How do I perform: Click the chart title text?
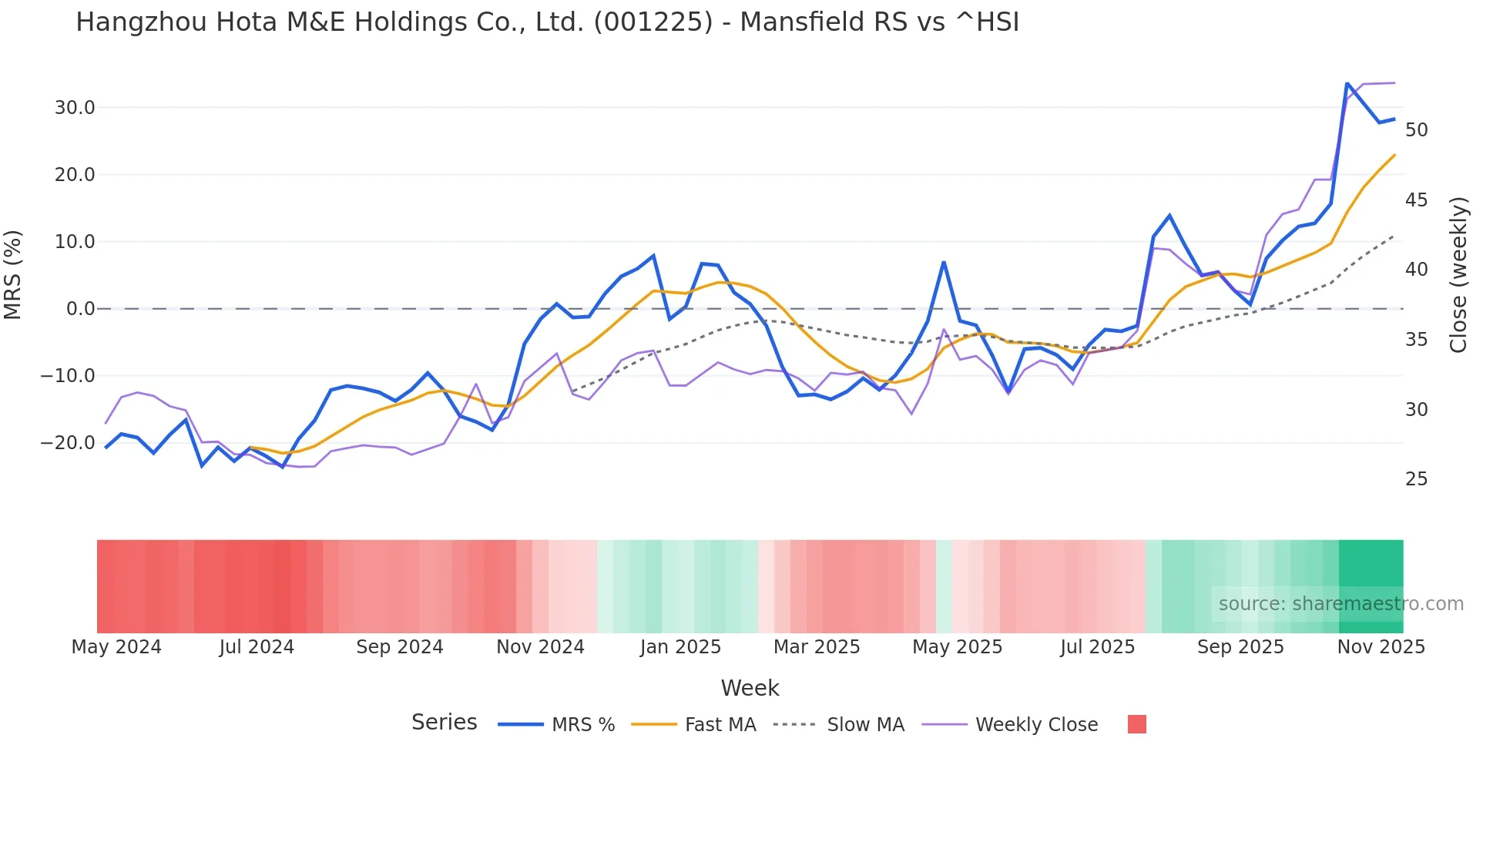(x=547, y=22)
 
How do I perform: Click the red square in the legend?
(x=1136, y=724)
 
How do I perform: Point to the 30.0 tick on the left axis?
(x=75, y=108)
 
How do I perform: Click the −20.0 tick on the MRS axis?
(x=68, y=443)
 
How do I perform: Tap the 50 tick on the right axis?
(x=1416, y=130)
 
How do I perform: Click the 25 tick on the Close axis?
(x=1416, y=479)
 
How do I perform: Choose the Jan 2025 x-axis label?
(x=680, y=647)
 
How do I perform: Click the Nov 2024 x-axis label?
(x=540, y=647)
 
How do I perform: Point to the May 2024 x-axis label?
(x=116, y=647)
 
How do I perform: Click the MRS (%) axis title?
(x=13, y=275)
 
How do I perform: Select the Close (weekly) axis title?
(x=1458, y=275)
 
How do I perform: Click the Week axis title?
(x=750, y=688)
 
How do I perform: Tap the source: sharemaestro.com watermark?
(x=1341, y=604)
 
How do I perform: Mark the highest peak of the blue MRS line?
(x=1347, y=83)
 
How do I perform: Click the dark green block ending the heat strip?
(x=1371, y=570)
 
